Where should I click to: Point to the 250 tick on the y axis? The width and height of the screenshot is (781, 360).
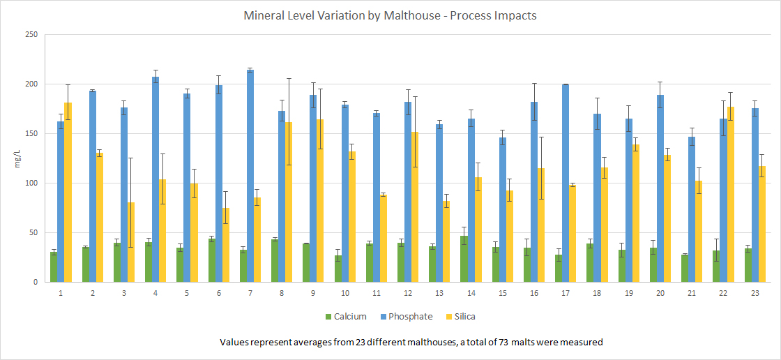[x=30, y=35]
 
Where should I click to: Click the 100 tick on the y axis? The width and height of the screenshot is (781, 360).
[x=30, y=183]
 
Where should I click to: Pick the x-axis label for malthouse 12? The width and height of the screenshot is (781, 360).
[x=408, y=294]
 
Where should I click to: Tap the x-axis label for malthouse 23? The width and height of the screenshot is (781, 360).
[x=755, y=294]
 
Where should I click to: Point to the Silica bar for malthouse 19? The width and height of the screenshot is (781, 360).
[x=636, y=213]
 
